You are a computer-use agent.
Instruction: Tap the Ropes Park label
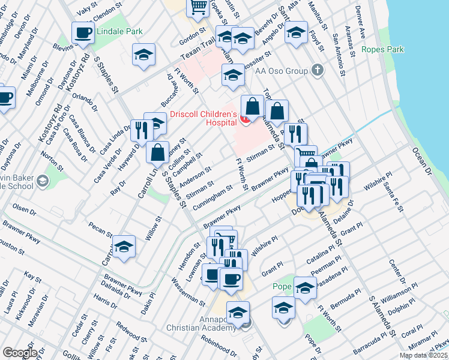(x=381, y=49)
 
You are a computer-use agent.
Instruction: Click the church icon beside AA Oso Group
(x=318, y=71)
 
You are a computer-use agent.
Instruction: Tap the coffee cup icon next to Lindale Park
(x=83, y=32)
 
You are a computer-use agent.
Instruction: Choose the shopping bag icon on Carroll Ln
(x=157, y=152)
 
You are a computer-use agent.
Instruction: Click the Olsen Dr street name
(x=25, y=209)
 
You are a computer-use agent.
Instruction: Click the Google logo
(x=20, y=353)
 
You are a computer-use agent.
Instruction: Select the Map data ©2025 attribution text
(x=423, y=355)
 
